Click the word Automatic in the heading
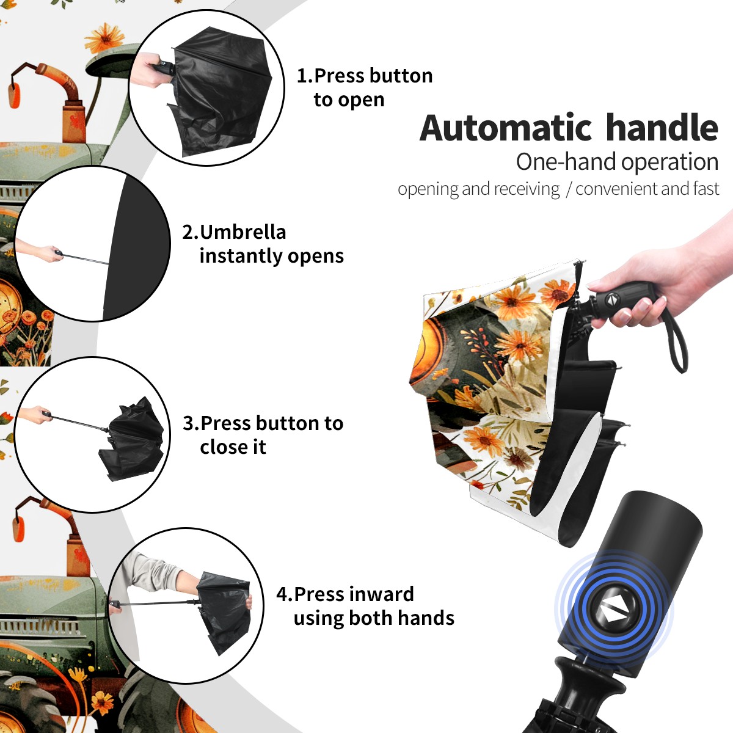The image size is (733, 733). tap(506, 128)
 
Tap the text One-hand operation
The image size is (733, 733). tap(617, 162)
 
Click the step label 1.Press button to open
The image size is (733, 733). tap(365, 88)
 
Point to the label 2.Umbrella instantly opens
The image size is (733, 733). tap(263, 244)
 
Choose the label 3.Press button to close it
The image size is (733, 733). tap(263, 435)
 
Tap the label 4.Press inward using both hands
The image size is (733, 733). tap(365, 606)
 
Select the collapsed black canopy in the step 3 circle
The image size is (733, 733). tap(133, 440)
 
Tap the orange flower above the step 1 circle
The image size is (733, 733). tap(104, 37)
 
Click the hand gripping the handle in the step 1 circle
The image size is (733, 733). tap(147, 70)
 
